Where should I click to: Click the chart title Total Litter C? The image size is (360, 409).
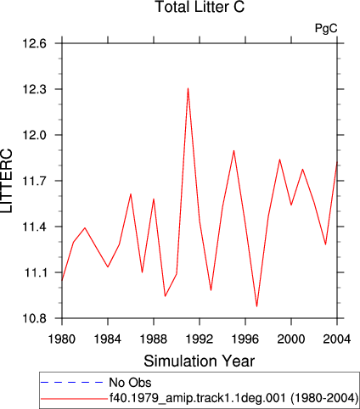point(200,7)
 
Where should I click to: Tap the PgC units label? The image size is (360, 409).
point(326,28)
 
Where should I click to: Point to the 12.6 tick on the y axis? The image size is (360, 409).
point(34,44)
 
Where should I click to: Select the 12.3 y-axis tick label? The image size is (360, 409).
point(34,90)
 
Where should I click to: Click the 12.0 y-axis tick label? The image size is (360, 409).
point(34,136)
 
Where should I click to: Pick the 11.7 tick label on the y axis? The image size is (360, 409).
point(34,181)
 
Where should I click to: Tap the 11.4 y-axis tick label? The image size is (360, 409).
point(34,227)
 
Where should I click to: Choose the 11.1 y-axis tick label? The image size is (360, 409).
point(34,272)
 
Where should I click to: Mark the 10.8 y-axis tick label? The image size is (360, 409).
point(34,318)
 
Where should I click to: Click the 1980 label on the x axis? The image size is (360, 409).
point(62,339)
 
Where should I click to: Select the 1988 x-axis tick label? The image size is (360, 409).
point(154,339)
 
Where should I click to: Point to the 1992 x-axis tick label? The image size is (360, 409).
point(200,339)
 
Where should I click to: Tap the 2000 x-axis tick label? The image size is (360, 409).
point(291,339)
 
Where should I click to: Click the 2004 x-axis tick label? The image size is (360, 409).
point(337,339)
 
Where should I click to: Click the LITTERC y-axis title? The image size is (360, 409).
point(6,181)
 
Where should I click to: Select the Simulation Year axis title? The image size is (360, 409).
point(200,361)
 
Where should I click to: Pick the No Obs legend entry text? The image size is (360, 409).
point(130,383)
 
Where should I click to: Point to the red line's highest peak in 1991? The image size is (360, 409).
point(188,88)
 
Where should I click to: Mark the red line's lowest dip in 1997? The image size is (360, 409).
point(256,306)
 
